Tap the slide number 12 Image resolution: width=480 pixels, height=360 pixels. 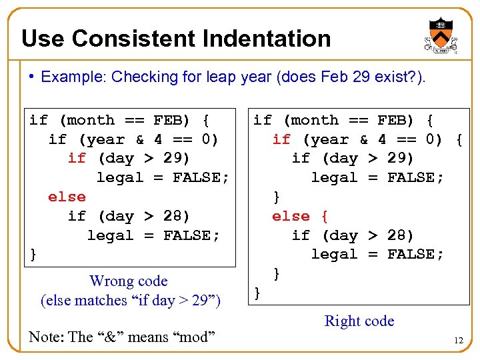click(458, 341)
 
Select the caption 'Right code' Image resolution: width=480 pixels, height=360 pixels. click(359, 321)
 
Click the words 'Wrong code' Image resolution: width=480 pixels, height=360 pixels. click(128, 281)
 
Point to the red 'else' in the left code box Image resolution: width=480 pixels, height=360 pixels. click(67, 197)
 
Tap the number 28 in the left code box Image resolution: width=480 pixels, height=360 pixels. click(177, 216)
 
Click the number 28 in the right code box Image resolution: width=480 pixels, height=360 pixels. click(400, 235)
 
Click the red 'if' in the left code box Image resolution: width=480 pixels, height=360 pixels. click(77, 159)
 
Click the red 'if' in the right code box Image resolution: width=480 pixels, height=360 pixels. click(281, 139)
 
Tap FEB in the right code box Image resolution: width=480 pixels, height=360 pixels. click(391, 121)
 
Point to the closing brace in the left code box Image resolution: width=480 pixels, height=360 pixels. click(33, 255)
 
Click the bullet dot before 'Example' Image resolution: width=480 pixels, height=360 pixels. click(32, 77)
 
